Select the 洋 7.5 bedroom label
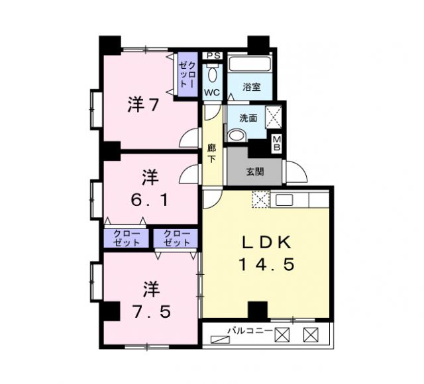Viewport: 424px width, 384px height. tap(151, 299)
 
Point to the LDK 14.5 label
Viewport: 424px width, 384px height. tap(266, 253)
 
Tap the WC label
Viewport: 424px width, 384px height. tap(212, 92)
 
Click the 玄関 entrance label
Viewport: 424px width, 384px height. tap(255, 171)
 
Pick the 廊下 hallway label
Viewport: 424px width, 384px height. tap(212, 154)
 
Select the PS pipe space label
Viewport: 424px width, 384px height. tap(212, 56)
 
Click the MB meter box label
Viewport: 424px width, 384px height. tap(278, 142)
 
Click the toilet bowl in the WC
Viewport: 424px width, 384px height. tap(212, 72)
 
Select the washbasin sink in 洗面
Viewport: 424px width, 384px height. tap(236, 135)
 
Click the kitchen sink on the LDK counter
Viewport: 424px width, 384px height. tap(286, 199)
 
